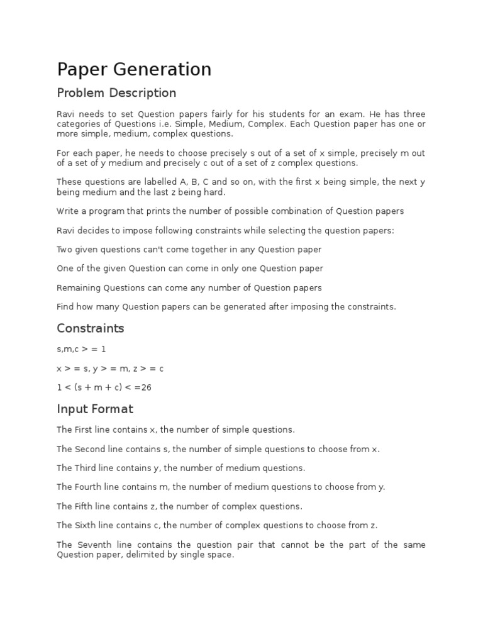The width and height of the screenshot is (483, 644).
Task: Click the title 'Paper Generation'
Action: tap(134, 69)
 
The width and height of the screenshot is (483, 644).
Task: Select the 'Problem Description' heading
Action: tap(116, 93)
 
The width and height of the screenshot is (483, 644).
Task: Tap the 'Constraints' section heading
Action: tap(91, 328)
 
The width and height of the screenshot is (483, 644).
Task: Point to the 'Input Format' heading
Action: tap(95, 409)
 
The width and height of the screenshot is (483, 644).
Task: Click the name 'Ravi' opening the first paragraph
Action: tap(65, 114)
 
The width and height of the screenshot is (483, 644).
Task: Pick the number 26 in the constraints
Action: tap(147, 387)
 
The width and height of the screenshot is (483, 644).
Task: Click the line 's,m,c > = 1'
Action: tap(82, 349)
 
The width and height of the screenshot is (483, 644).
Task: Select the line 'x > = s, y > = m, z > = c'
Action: tap(110, 369)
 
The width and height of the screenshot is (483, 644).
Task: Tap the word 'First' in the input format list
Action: tap(85, 430)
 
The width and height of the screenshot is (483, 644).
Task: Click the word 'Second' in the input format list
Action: tap(90, 449)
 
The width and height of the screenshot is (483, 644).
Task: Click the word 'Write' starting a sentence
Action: tap(67, 211)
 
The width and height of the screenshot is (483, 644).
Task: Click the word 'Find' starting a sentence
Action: tap(66, 307)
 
